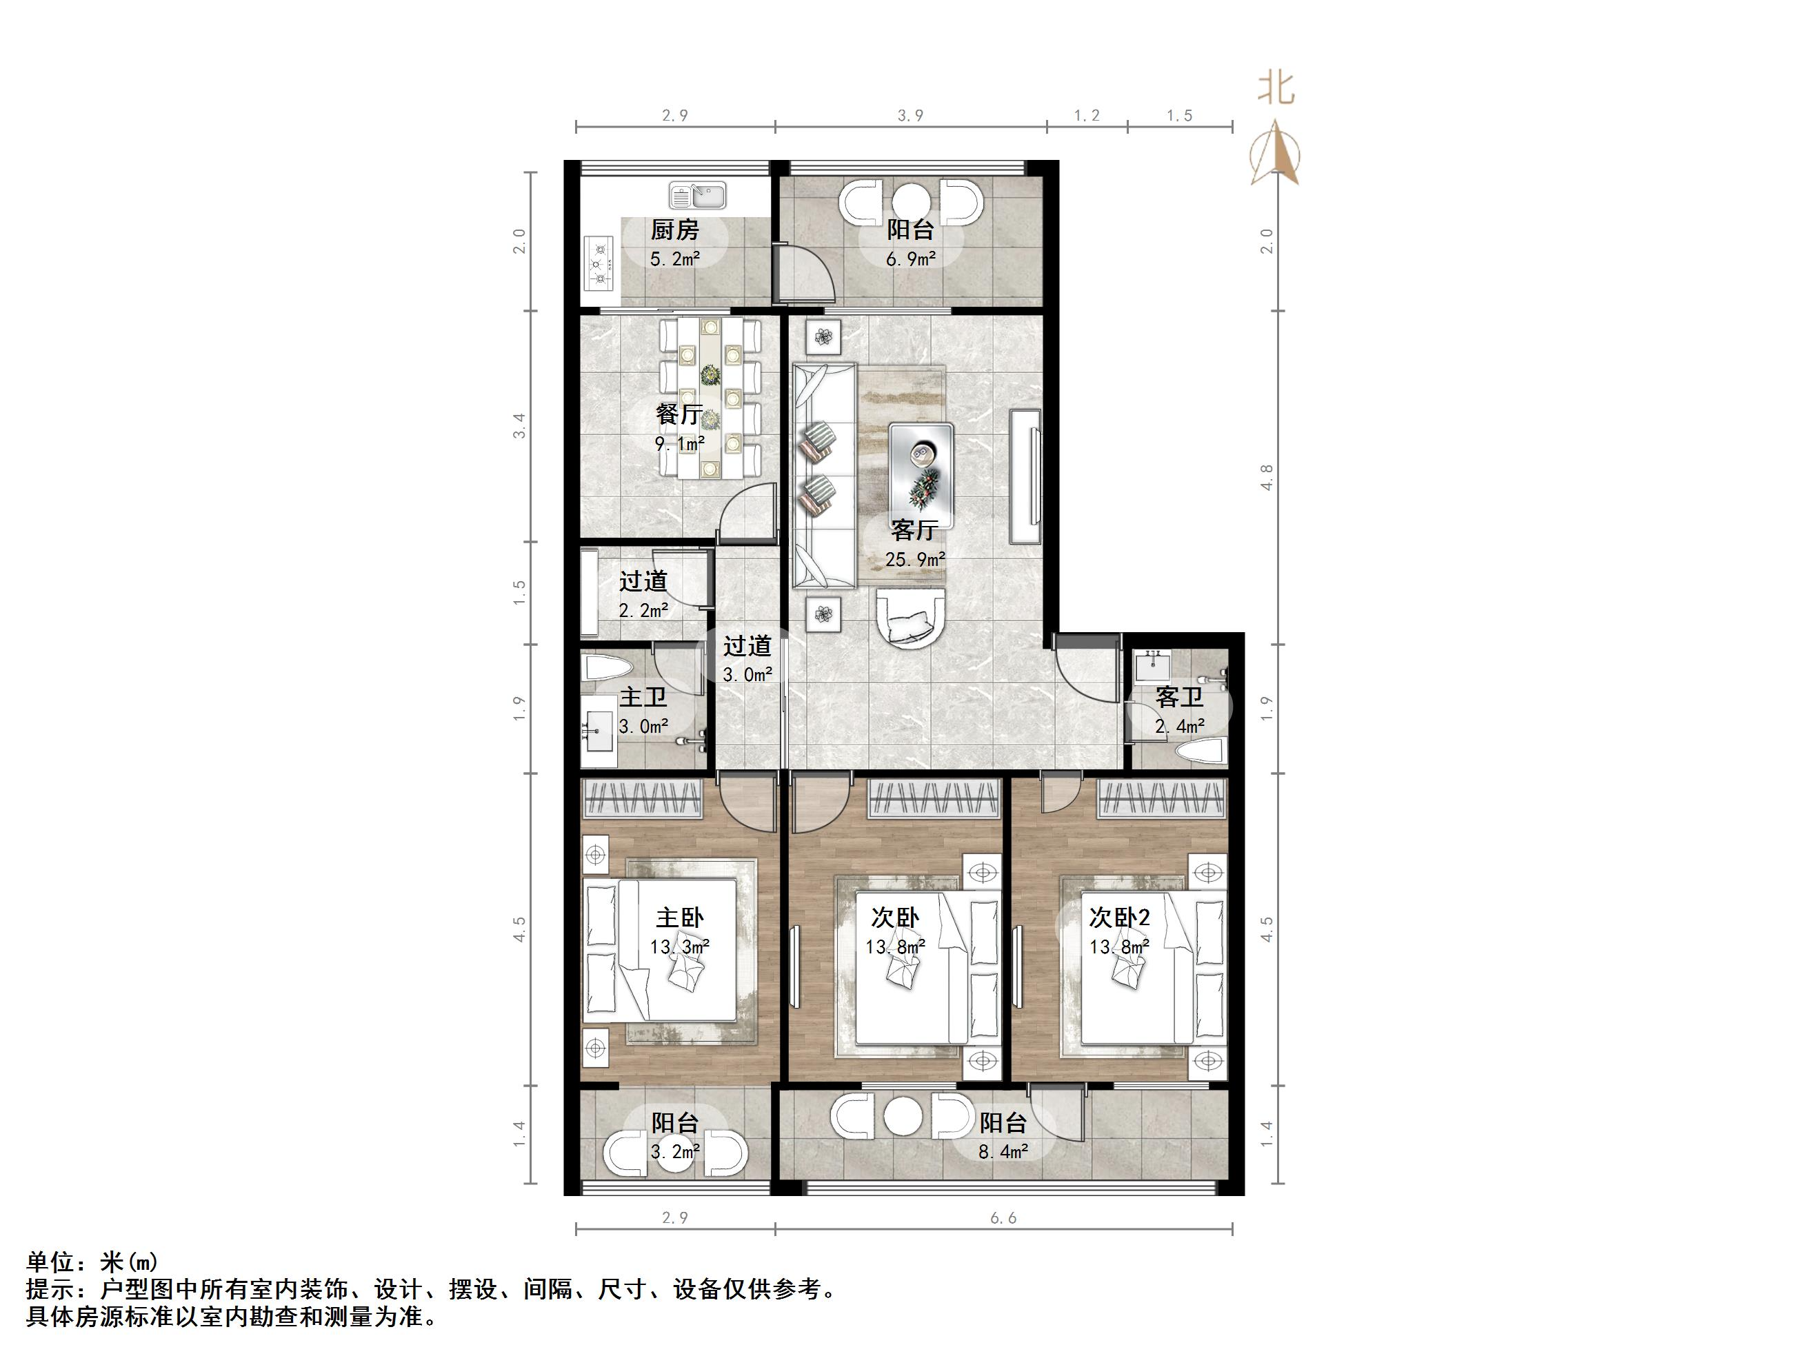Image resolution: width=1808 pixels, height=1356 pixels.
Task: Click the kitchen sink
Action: [697, 195]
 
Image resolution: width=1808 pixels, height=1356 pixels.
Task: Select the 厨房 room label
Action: [675, 230]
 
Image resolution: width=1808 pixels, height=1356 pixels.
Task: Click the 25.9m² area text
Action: [914, 559]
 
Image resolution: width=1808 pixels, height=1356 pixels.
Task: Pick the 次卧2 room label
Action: [1120, 918]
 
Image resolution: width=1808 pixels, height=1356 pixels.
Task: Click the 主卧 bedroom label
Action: [679, 918]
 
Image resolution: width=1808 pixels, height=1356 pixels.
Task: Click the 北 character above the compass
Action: [1276, 88]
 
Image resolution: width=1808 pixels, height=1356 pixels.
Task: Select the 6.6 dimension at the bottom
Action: [1004, 1218]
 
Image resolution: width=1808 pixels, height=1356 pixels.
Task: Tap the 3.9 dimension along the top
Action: [910, 115]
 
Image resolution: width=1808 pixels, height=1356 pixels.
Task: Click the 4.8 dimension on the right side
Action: [1267, 476]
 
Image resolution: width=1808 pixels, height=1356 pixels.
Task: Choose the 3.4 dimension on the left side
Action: [519, 426]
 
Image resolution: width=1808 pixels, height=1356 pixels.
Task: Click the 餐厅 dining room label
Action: [679, 414]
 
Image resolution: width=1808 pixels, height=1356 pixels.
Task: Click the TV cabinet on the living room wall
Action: [1026, 476]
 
